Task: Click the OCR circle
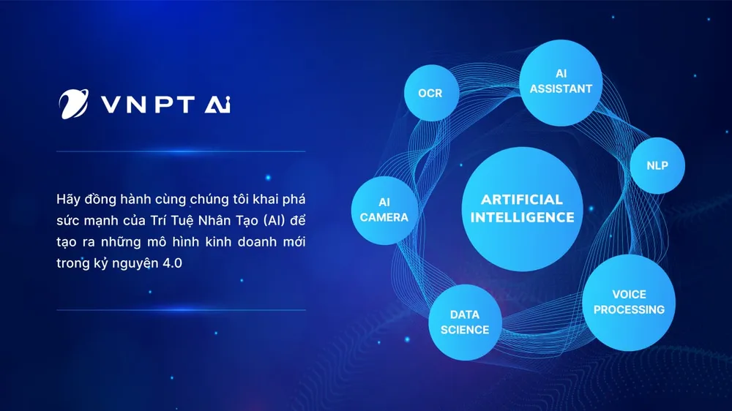(430, 93)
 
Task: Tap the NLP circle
(657, 165)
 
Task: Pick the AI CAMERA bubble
(384, 210)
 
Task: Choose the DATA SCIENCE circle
(464, 323)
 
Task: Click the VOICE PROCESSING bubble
(629, 302)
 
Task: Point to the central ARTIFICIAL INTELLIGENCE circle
(522, 208)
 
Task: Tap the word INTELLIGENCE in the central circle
(522, 217)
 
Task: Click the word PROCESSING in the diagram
(629, 309)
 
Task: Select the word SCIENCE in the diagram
(464, 330)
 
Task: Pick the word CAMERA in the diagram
(384, 217)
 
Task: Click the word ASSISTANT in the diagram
(561, 88)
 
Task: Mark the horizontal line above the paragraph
(181, 151)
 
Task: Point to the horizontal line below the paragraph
(181, 309)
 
